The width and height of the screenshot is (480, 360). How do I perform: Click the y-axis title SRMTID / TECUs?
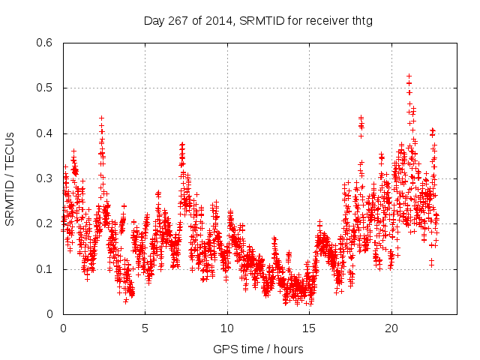(x=10, y=178)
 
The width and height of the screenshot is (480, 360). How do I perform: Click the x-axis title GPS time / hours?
(x=258, y=349)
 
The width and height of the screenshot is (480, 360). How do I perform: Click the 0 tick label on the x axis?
(x=63, y=329)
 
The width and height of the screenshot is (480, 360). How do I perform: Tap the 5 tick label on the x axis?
(x=145, y=329)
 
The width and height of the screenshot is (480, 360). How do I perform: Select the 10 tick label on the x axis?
(x=227, y=329)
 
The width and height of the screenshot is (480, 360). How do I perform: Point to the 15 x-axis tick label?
(x=310, y=329)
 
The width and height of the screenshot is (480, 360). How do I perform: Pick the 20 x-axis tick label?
(x=391, y=329)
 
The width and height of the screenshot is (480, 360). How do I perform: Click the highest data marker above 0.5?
(x=409, y=76)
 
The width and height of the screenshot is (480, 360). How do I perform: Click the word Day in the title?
(x=154, y=20)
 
